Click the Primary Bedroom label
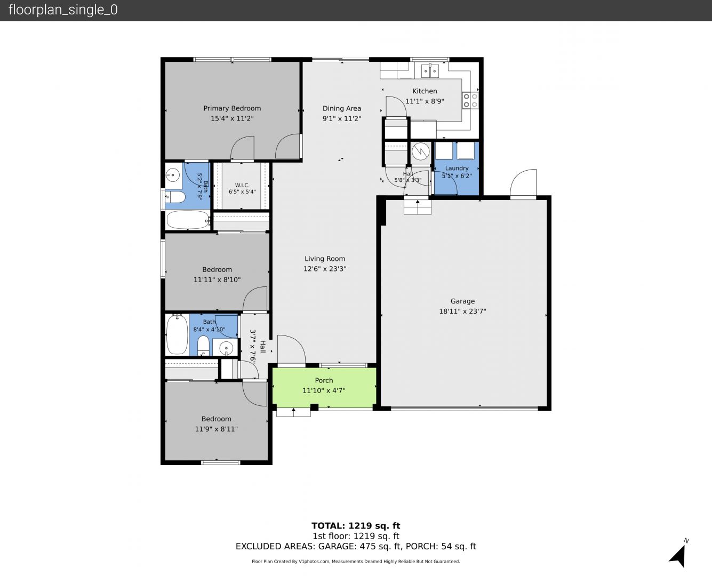pyautogui.click(x=232, y=108)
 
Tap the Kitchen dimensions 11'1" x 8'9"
pyautogui.click(x=425, y=101)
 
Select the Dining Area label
pyautogui.click(x=342, y=108)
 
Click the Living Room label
pyautogui.click(x=325, y=259)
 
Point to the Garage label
pyautogui.click(x=462, y=301)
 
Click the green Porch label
pyautogui.click(x=324, y=380)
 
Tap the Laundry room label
pyautogui.click(x=457, y=168)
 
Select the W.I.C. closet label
pyautogui.click(x=242, y=185)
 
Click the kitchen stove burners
pyautogui.click(x=470, y=101)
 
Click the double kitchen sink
pyautogui.click(x=430, y=71)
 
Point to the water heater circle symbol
pyautogui.click(x=420, y=151)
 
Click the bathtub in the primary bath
pyautogui.click(x=188, y=220)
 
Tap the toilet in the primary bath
pyautogui.click(x=175, y=197)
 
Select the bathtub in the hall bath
pyautogui.click(x=177, y=334)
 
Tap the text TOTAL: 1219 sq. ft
pyautogui.click(x=356, y=526)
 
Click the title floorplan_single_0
pyautogui.click(x=63, y=10)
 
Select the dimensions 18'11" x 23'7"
pyautogui.click(x=462, y=311)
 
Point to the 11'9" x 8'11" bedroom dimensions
pyautogui.click(x=217, y=429)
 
